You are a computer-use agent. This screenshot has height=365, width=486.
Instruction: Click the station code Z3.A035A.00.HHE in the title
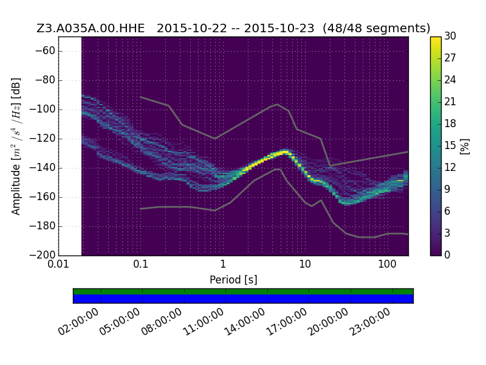pyautogui.click(x=91, y=28)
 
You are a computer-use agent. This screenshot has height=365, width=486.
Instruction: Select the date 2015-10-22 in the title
pyautogui.click(x=192, y=28)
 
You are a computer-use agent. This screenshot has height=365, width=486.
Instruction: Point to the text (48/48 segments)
pyautogui.click(x=376, y=28)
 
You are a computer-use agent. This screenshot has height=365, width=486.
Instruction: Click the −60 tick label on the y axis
pyautogui.click(x=45, y=50)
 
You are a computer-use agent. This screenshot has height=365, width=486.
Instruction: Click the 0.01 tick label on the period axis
pyautogui.click(x=58, y=264)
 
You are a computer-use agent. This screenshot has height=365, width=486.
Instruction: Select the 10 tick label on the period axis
pyautogui.click(x=305, y=264)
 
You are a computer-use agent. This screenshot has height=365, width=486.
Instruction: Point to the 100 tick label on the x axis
pyautogui.click(x=387, y=264)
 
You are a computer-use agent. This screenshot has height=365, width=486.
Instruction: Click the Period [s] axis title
pyautogui.click(x=233, y=280)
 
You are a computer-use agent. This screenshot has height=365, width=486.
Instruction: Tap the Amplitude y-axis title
pyautogui.click(x=16, y=146)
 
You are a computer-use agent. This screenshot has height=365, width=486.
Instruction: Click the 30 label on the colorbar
pyautogui.click(x=450, y=36)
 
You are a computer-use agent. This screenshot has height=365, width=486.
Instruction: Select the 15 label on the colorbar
pyautogui.click(x=450, y=145)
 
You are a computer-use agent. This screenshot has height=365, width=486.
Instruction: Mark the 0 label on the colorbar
pyautogui.click(x=447, y=255)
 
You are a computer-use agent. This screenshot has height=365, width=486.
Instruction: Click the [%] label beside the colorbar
pyautogui.click(x=465, y=146)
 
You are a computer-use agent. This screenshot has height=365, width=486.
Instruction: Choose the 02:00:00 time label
pyautogui.click(x=78, y=321)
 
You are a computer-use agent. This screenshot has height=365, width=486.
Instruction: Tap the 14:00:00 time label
pyautogui.click(x=244, y=321)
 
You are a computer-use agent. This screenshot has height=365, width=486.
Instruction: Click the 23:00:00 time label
pyautogui.click(x=369, y=321)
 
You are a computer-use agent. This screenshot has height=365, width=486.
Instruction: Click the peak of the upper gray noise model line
pyautogui.click(x=278, y=104)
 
